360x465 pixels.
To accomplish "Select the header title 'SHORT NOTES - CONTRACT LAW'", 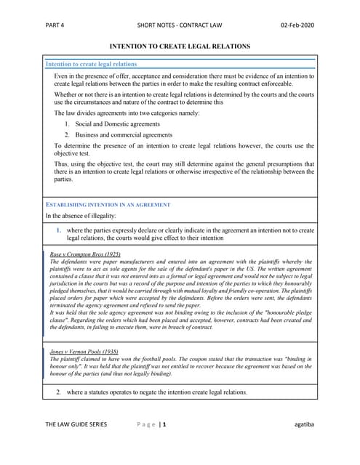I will click(179, 24).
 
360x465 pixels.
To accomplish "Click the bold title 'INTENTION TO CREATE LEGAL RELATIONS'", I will click(180, 46).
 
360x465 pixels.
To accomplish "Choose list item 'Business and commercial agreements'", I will click(128, 135).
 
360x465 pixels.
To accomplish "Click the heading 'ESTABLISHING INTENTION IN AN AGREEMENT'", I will click(108, 205).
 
